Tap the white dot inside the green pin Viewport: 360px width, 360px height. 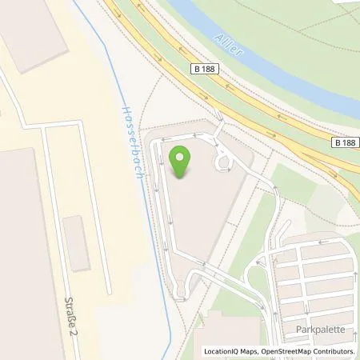click(x=180, y=157)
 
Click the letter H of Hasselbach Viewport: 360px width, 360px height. click(x=125, y=109)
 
